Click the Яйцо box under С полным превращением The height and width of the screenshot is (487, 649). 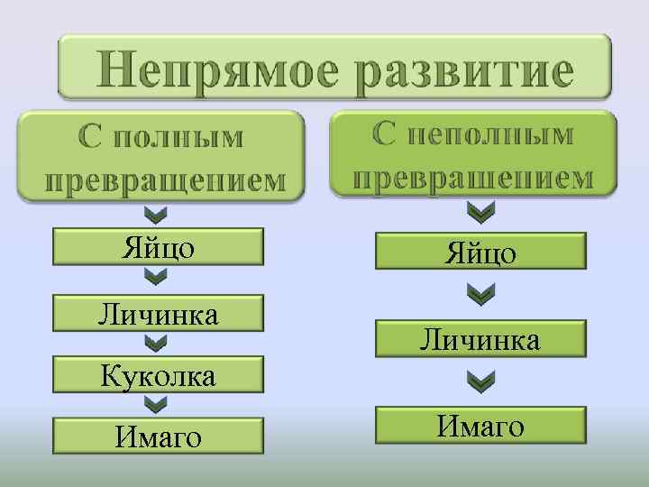point(158,246)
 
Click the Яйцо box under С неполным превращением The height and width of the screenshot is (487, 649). point(480,252)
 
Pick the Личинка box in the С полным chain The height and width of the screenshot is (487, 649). point(158,313)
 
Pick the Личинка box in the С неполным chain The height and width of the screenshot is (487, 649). point(480,339)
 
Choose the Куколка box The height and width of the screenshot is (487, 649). point(158,373)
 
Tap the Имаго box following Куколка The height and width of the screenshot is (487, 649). point(158,435)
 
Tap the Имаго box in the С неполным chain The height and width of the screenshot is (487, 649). point(480,425)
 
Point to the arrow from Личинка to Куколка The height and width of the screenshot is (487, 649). point(157,344)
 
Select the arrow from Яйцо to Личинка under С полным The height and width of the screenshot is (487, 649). point(157,278)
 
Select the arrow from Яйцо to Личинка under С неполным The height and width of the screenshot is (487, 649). point(481,295)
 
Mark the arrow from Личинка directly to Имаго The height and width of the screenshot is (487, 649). point(481,382)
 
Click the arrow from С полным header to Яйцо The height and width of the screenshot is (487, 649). point(157,216)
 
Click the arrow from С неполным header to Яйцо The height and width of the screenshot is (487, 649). point(481,212)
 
